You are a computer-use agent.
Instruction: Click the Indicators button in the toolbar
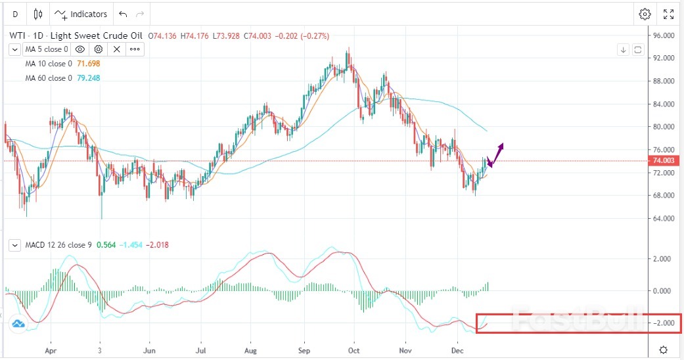click(x=81, y=14)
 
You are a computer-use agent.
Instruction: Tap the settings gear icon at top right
click(x=645, y=14)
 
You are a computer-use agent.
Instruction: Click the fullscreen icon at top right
click(x=668, y=14)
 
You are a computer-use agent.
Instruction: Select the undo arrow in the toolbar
click(x=123, y=14)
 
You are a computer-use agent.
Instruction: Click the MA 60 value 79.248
click(x=89, y=78)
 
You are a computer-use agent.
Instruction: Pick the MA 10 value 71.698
click(x=89, y=64)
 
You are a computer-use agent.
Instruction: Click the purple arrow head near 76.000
click(x=502, y=145)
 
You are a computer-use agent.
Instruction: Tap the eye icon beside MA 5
click(x=80, y=49)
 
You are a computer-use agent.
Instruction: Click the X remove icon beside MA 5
click(x=116, y=49)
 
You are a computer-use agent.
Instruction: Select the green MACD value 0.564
click(x=106, y=245)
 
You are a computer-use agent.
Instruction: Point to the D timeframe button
click(x=15, y=14)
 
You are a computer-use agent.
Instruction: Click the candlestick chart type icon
click(x=37, y=14)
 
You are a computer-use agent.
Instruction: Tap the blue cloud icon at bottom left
click(x=18, y=323)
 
